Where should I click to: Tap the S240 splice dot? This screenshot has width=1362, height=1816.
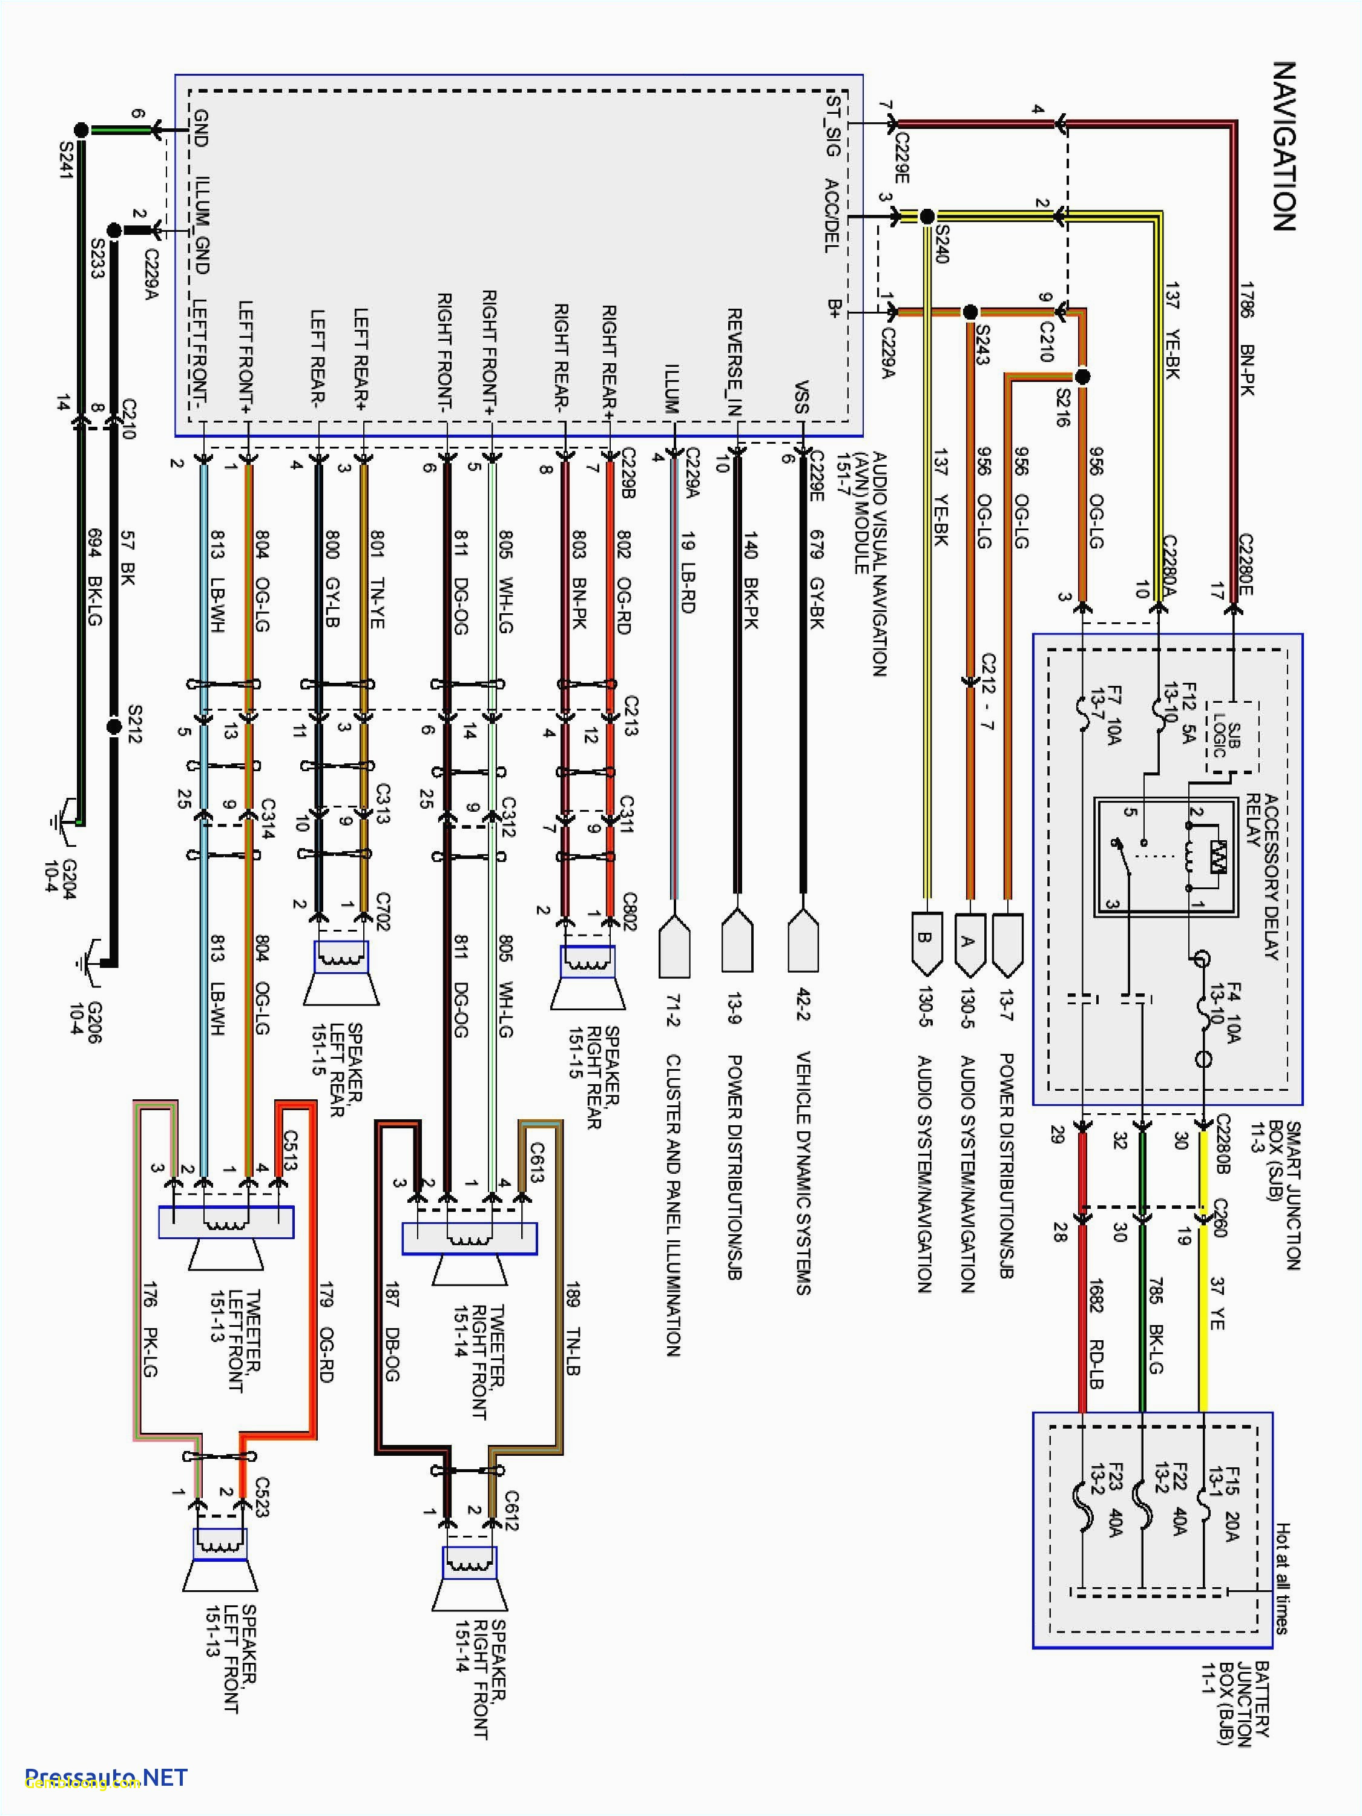(x=927, y=217)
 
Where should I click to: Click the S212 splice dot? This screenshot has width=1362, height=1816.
(x=114, y=726)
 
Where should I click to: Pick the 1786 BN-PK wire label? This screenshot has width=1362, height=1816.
(x=1247, y=338)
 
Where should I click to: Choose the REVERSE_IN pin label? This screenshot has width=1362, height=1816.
(x=735, y=361)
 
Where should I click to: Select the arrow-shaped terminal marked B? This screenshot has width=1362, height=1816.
(x=925, y=941)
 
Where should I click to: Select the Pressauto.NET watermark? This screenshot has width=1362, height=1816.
(x=106, y=1777)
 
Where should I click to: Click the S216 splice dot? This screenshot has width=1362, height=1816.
(x=1082, y=377)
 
